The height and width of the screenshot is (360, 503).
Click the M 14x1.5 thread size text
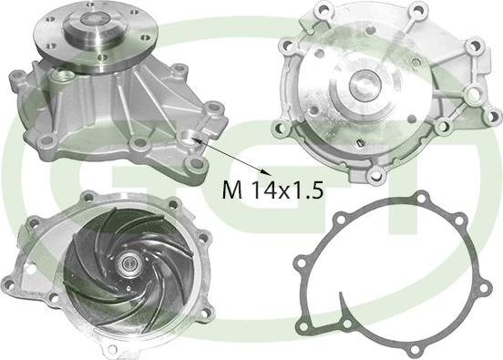[x=272, y=190]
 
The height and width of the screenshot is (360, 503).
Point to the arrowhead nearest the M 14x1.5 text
[x=268, y=173]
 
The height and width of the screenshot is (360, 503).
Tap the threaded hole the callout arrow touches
[x=188, y=138]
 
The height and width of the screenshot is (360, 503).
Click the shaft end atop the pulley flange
[x=92, y=19]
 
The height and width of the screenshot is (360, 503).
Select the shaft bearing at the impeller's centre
[x=128, y=263]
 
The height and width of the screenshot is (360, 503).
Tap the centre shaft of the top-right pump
[x=364, y=85]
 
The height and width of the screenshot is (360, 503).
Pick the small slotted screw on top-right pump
[x=360, y=143]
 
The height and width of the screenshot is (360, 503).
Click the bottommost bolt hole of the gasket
[x=414, y=349]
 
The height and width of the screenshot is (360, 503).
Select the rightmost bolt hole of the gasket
[x=484, y=288]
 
